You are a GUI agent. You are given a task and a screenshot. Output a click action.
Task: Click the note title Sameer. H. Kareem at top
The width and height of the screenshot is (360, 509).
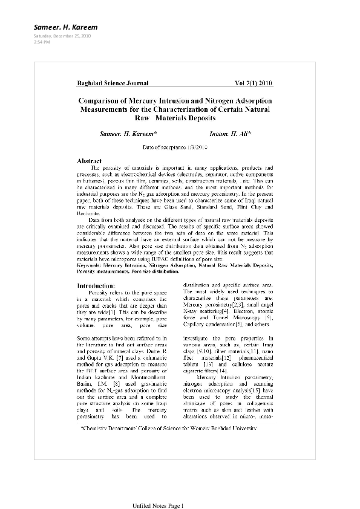[x=60, y=27]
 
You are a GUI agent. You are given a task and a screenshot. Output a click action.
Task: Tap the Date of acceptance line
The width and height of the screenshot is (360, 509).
[x=175, y=147]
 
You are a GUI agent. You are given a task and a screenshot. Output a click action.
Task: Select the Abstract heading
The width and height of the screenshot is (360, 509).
[x=89, y=161]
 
